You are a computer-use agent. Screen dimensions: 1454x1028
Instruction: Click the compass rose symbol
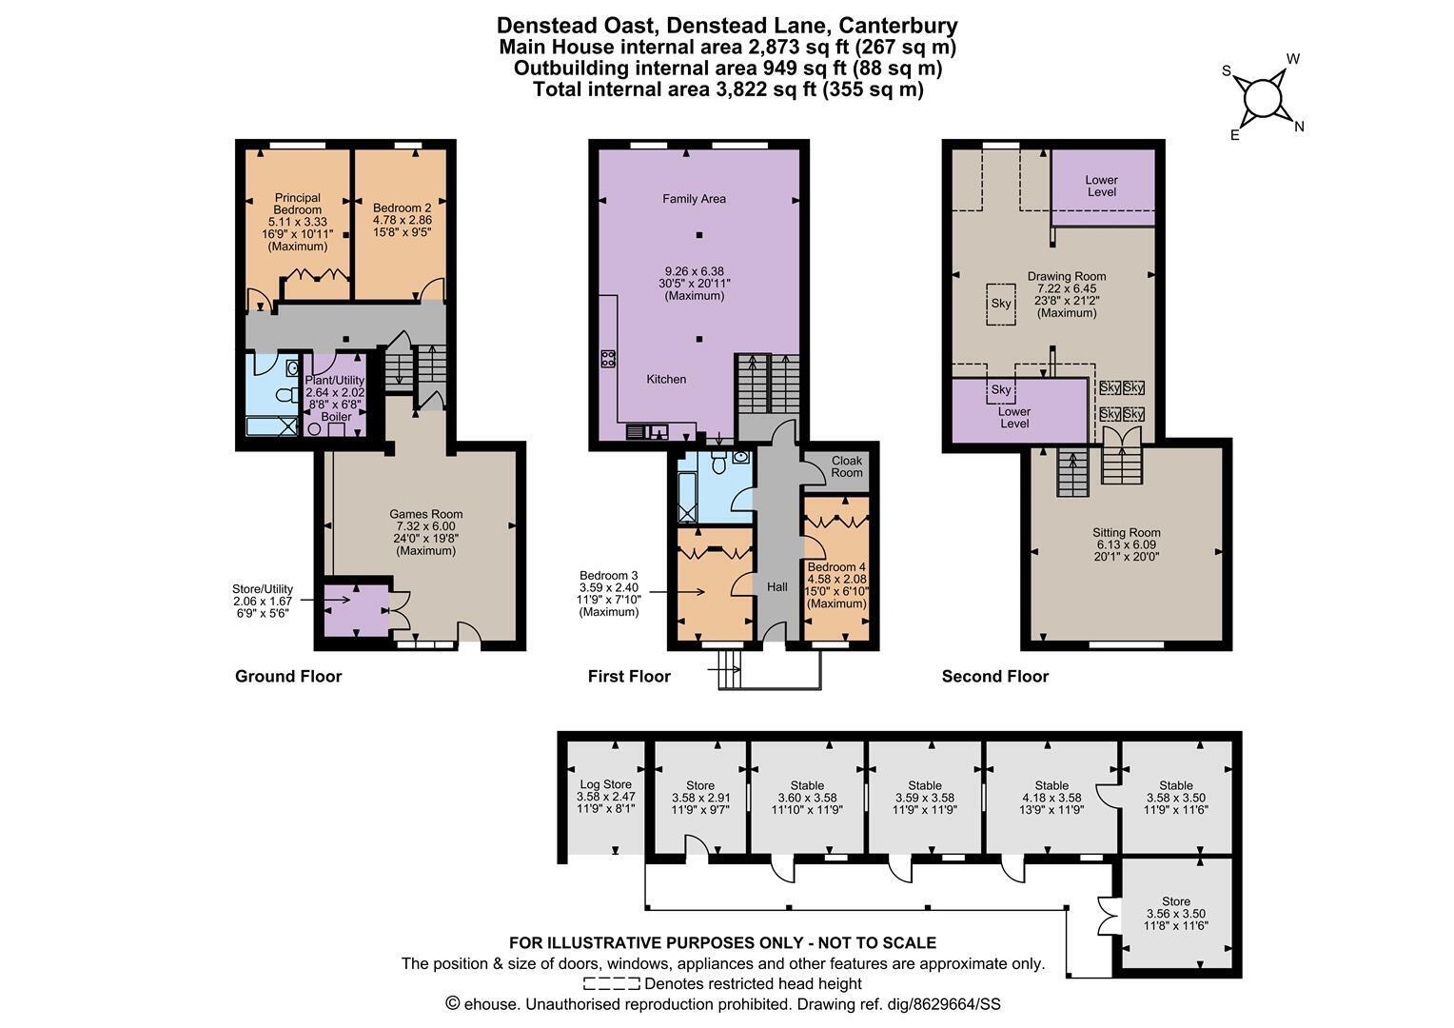(1263, 100)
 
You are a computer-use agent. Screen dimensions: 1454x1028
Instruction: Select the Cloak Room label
(847, 466)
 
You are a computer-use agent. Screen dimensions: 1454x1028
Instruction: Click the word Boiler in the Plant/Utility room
(336, 417)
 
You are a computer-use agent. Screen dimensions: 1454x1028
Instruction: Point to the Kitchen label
(666, 379)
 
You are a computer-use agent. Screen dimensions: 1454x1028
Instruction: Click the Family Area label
(694, 199)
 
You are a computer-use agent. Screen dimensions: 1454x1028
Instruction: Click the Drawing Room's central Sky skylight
(1001, 304)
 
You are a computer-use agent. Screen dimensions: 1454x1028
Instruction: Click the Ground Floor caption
(288, 677)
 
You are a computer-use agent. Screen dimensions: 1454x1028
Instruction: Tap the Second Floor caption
(995, 677)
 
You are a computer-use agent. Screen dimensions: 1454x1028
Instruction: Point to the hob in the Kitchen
(608, 359)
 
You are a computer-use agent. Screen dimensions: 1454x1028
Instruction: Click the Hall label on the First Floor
(777, 587)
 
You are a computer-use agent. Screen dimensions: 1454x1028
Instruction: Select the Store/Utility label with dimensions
(263, 601)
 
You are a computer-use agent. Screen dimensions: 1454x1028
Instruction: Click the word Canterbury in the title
(897, 26)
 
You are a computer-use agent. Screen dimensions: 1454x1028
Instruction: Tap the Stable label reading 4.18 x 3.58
(1051, 798)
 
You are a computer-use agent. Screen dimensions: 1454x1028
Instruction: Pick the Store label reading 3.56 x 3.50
(1176, 914)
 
